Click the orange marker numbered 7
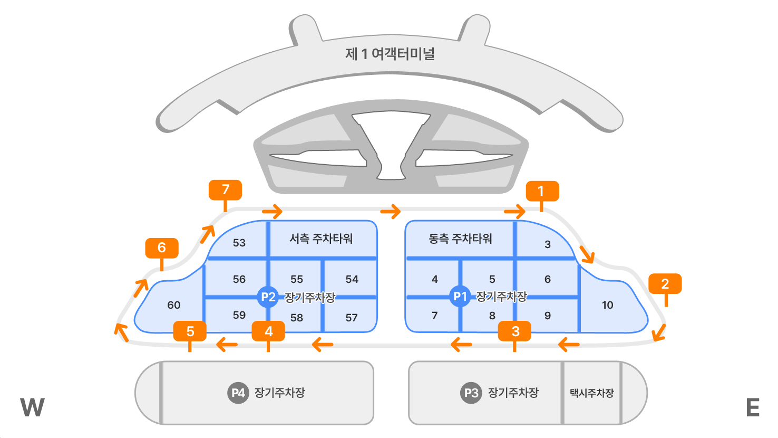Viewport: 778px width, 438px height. [x=225, y=190]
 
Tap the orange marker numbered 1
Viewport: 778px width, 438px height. [x=542, y=191]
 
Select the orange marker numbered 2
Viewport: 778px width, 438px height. [x=665, y=284]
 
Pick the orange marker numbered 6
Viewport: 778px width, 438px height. [x=162, y=247]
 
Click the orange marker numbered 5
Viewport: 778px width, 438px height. [x=190, y=331]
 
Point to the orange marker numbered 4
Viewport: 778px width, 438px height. [x=268, y=331]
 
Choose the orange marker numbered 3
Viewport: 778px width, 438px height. [x=515, y=331]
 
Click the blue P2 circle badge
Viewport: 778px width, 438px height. [x=268, y=297]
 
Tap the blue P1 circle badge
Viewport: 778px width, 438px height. [x=460, y=297]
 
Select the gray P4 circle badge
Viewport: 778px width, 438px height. [x=238, y=393]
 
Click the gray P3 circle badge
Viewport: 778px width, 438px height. [x=471, y=393]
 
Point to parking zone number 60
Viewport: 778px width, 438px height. [x=173, y=305]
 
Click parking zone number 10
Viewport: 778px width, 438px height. [x=607, y=305]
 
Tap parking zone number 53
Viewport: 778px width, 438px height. [x=239, y=243]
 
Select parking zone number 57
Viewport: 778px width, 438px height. [x=352, y=318]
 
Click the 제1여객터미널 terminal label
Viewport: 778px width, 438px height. [x=390, y=54]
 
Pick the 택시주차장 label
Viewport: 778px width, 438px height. [x=591, y=393]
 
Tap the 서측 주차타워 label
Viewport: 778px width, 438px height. [x=321, y=239]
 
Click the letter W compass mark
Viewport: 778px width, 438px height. [x=32, y=407]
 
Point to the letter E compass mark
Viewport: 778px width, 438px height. [x=753, y=407]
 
